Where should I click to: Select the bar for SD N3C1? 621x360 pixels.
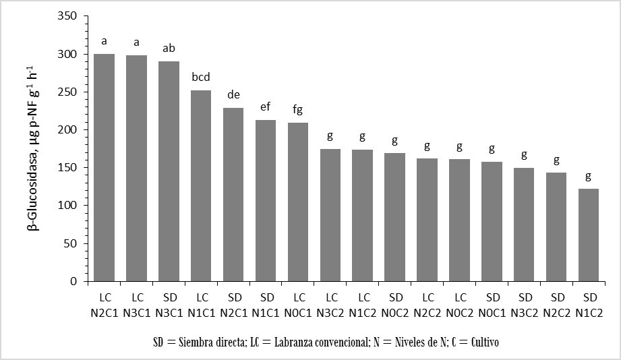[169, 171]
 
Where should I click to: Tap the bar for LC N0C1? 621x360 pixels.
[298, 202]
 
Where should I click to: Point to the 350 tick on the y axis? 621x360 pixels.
[68, 16]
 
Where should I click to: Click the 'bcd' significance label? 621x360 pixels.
[202, 78]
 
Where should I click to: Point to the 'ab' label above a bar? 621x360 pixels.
[169, 49]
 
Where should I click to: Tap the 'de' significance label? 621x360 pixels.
[233, 94]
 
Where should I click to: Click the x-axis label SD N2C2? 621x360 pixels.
[557, 303]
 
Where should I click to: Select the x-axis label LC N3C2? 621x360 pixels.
[330, 303]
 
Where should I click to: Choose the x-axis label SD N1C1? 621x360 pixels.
[266, 303]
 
